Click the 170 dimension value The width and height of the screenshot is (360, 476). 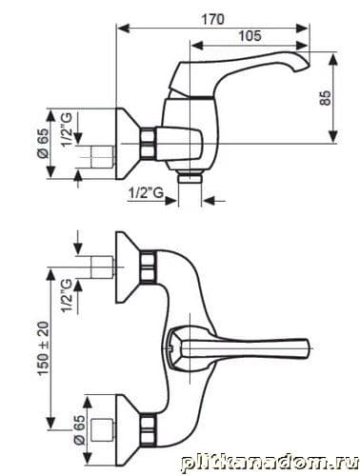(x=212, y=19)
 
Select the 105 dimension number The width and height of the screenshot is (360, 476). (x=250, y=35)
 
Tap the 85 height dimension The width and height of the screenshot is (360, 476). (x=325, y=98)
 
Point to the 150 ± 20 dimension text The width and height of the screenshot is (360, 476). (x=44, y=349)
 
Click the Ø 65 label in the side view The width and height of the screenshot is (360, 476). (x=43, y=144)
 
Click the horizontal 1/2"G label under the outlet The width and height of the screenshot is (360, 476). (x=147, y=192)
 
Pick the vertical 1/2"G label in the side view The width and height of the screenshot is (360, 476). (x=67, y=129)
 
